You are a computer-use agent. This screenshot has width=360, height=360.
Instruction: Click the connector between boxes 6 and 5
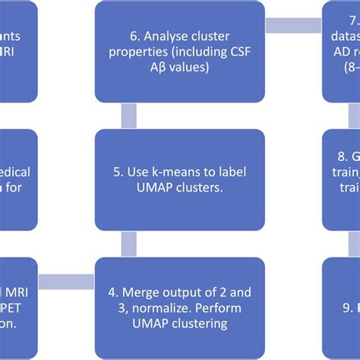coord(128,115)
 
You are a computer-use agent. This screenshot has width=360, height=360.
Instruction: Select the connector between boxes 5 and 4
coord(128,244)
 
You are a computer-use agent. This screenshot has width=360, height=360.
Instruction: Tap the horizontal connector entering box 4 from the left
coord(66,282)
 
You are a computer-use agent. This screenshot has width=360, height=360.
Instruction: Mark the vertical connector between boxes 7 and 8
coord(354,115)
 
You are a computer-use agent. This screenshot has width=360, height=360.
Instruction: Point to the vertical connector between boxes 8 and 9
coord(354,244)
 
